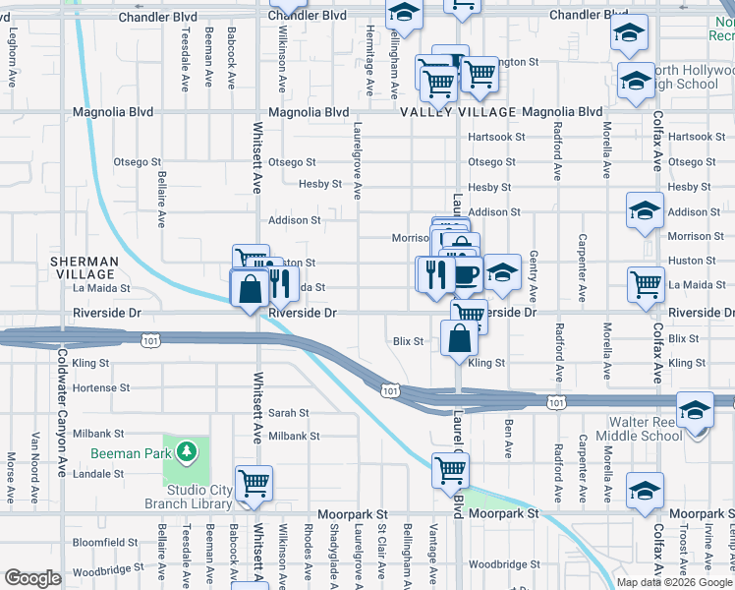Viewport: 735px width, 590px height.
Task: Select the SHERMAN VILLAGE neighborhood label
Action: click(85, 268)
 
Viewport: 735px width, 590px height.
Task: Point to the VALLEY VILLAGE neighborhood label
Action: click(458, 112)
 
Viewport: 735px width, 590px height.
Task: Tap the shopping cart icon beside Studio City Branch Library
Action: click(254, 482)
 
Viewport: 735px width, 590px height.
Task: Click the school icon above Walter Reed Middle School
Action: click(695, 409)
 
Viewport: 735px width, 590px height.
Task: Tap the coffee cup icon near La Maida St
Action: click(466, 274)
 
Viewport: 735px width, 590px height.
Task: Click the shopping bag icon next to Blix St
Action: click(460, 340)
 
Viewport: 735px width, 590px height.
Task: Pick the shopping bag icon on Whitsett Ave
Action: click(250, 289)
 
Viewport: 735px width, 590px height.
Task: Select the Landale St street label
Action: click(99, 473)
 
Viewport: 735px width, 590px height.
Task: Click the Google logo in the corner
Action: click(33, 578)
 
